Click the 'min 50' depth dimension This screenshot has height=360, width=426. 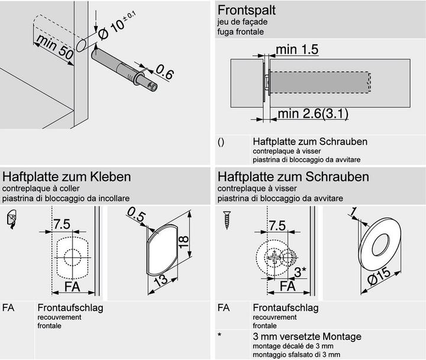tap(55, 47)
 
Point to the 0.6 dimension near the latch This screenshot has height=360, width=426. tap(164, 73)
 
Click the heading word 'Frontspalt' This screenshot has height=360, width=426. tap(246, 10)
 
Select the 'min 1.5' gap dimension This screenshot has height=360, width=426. tap(297, 50)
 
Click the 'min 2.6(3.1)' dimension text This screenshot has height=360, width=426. tap(313, 113)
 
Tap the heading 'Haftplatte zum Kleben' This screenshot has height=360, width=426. tap(66, 177)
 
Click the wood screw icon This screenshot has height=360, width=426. tap(227, 220)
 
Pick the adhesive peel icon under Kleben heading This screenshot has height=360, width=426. tap(11, 219)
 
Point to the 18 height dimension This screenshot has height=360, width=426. tap(184, 241)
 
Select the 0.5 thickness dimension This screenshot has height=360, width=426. tap(136, 215)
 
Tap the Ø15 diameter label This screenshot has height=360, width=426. tap(379, 275)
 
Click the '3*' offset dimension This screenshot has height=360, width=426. tap(300, 272)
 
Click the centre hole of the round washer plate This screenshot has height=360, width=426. tap(380, 244)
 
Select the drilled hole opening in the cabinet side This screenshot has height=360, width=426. tap(81, 45)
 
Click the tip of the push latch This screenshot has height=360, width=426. tap(153, 87)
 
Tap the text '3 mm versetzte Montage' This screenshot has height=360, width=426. tap(307, 336)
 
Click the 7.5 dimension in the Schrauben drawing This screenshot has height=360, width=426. tap(277, 226)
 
